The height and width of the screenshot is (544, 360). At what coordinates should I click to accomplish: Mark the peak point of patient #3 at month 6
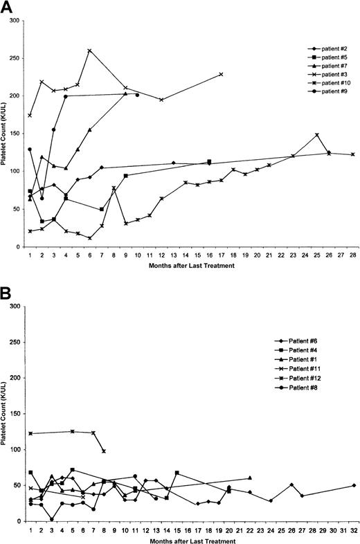[x=89, y=51]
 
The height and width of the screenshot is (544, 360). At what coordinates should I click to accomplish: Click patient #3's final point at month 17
[x=221, y=74]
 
